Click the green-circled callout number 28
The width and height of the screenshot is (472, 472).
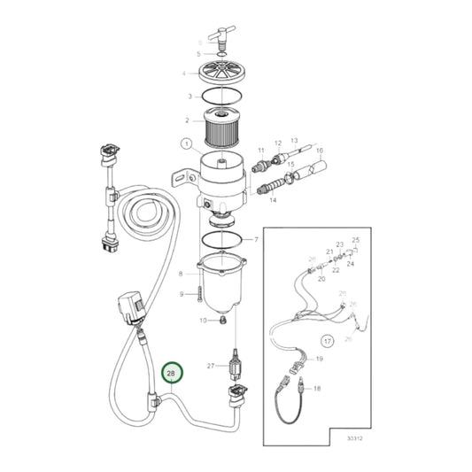click(172, 375)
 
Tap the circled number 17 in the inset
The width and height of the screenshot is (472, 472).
click(326, 339)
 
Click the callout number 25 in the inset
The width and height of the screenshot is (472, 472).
click(356, 240)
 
